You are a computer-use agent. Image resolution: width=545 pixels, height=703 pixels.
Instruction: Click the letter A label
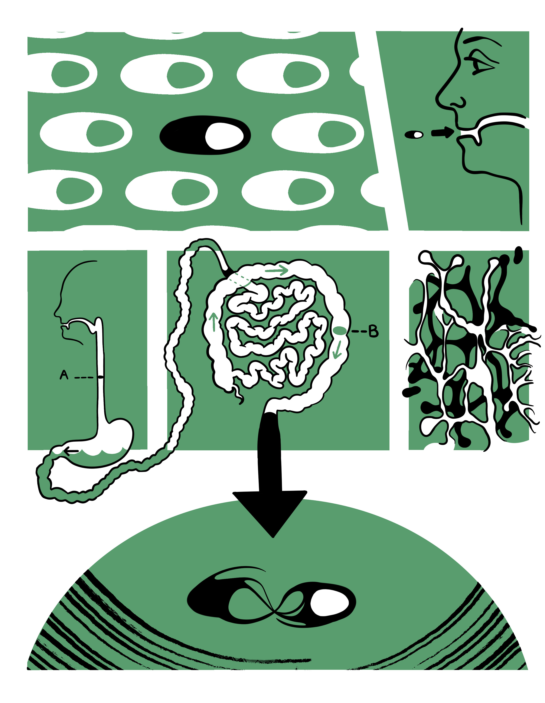click(64, 375)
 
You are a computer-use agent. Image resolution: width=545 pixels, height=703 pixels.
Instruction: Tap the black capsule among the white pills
click(205, 135)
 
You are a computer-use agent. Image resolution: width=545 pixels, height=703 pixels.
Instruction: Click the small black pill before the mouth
click(414, 135)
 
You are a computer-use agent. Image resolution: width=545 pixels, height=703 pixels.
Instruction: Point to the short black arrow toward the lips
click(443, 132)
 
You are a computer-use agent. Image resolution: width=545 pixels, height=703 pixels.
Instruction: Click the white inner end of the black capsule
click(224, 136)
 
